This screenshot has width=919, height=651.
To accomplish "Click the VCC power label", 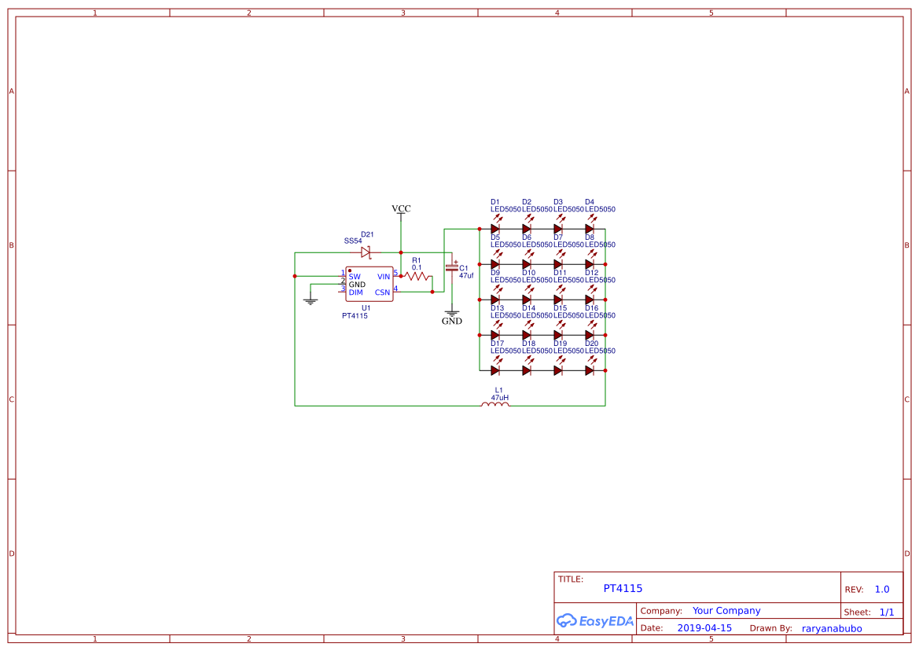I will [x=401, y=208].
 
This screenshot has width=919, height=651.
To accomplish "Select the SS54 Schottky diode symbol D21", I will [x=366, y=252].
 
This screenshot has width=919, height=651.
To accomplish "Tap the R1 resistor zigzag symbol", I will [x=417, y=277].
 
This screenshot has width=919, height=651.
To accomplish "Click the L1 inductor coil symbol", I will [x=495, y=405].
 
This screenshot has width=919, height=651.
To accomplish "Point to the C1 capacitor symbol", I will [x=451, y=267].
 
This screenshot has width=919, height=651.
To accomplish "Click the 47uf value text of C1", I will [x=466, y=276].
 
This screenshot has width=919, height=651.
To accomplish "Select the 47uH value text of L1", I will [x=499, y=398].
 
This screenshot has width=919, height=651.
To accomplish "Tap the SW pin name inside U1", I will [x=355, y=277].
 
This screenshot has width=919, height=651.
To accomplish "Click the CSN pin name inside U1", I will [x=382, y=292].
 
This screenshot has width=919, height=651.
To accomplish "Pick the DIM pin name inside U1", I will [x=356, y=292].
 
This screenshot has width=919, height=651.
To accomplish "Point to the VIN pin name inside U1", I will [x=384, y=277].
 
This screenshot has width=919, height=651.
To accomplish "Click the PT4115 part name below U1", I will [x=355, y=315].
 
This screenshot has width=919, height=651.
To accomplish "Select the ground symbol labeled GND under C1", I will [x=451, y=314].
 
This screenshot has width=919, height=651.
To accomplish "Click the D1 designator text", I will [x=495, y=202].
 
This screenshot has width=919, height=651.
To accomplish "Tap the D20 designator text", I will [x=592, y=344].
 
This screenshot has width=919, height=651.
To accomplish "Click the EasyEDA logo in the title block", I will [x=595, y=620].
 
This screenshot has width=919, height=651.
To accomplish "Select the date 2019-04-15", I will [x=704, y=628].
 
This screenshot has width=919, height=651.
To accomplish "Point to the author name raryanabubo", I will [x=832, y=628].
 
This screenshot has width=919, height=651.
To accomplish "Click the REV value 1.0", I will [x=882, y=589].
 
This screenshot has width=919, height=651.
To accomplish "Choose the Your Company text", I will [x=726, y=610].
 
